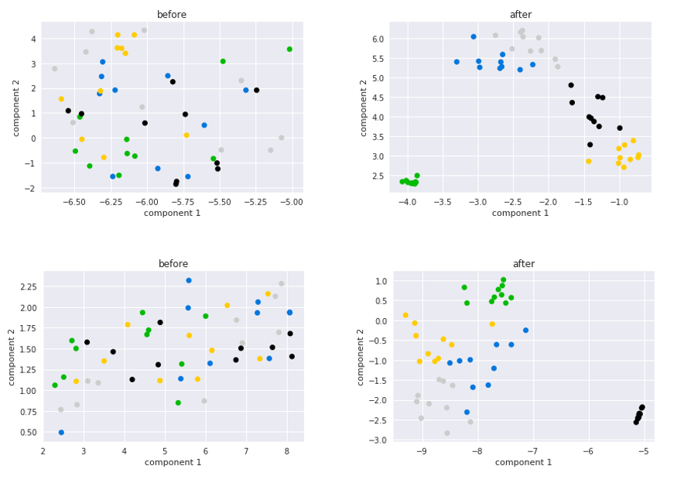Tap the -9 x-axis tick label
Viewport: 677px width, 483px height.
tap(422, 451)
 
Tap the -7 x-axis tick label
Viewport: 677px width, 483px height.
tap(532, 451)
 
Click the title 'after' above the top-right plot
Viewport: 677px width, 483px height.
tap(521, 15)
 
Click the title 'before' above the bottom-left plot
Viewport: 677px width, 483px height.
tap(173, 264)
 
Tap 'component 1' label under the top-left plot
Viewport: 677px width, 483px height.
tap(172, 213)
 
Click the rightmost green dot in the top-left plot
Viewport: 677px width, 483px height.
tap(289, 50)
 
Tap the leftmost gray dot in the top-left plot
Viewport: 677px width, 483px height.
tap(54, 69)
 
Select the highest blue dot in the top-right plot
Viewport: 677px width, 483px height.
tap(474, 36)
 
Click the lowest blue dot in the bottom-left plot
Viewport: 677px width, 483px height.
tap(61, 433)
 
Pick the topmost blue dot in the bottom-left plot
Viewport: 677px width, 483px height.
tap(189, 281)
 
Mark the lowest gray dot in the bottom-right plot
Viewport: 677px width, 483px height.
tap(447, 433)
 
